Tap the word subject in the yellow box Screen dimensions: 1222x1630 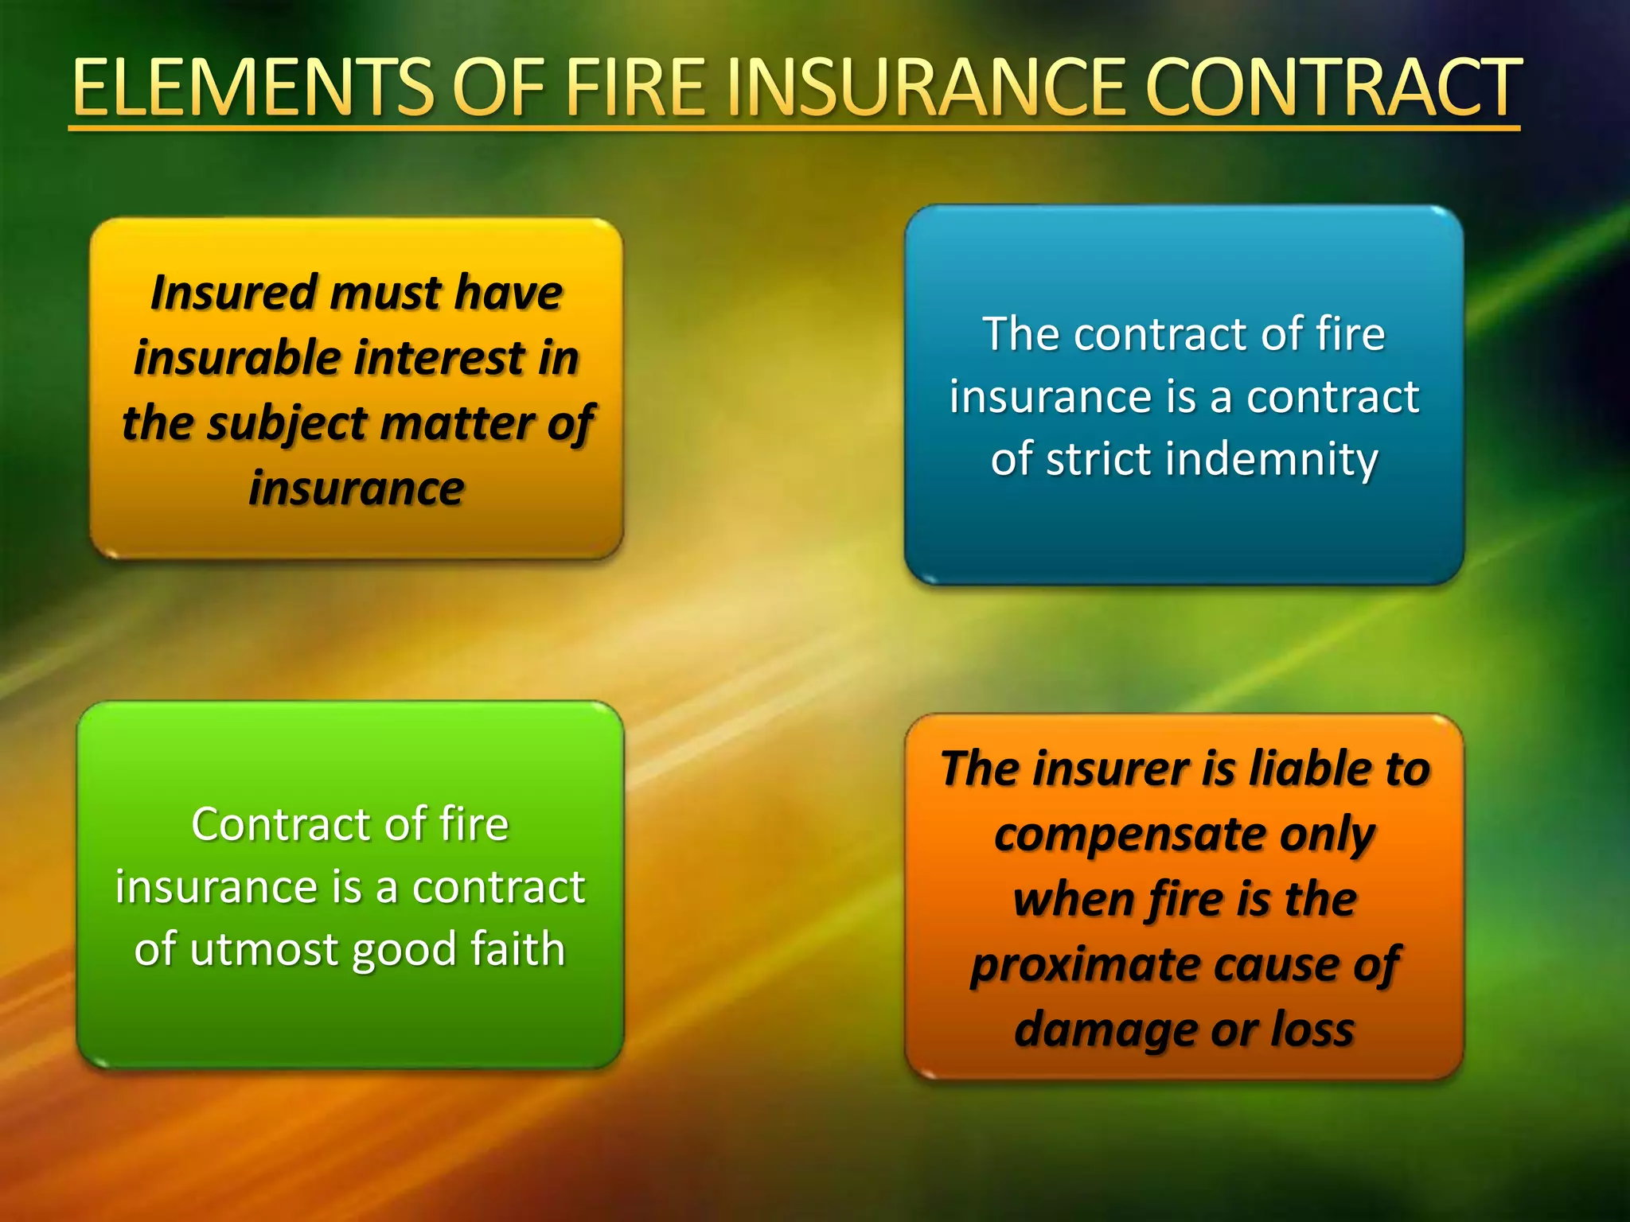click(x=287, y=424)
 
